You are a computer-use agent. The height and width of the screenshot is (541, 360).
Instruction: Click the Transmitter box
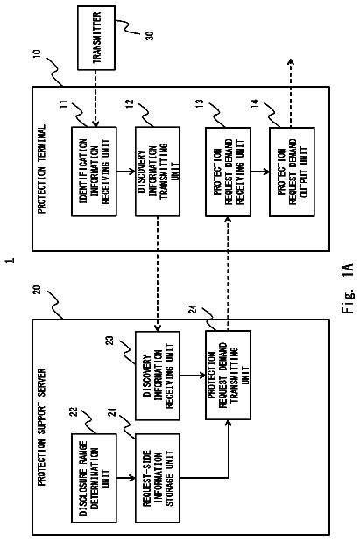coord(96,38)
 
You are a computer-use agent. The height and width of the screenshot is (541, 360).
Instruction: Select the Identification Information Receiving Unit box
coord(94,172)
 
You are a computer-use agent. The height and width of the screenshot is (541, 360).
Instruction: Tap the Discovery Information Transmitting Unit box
coord(158,172)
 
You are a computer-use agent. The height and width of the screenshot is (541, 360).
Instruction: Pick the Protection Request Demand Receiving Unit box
coord(228,172)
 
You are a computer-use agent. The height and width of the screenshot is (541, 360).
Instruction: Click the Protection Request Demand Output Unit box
coord(292,172)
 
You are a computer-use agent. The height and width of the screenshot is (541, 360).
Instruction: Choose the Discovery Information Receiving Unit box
coord(158,376)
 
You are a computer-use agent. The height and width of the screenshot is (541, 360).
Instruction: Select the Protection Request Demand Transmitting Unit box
coord(228,375)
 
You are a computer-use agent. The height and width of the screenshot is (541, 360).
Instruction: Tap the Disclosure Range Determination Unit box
coord(94,478)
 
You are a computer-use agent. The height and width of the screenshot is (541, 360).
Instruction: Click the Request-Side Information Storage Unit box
coord(158,478)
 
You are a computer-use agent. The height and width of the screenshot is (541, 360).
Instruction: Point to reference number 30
coord(150,35)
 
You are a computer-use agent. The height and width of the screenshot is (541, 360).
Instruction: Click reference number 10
coord(38,54)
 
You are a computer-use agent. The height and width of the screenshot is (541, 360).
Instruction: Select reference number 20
coord(38,289)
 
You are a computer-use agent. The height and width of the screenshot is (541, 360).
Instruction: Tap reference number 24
coord(193,309)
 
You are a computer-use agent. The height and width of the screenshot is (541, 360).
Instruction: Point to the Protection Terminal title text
coord(41,169)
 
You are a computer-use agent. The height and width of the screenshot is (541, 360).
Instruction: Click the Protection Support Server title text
coord(41,427)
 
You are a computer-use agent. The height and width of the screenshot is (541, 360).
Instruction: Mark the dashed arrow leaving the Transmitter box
coord(96,98)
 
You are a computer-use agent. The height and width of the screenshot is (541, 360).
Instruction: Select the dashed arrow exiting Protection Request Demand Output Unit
coord(291,93)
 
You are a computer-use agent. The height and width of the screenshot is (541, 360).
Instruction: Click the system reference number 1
coord(11,260)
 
